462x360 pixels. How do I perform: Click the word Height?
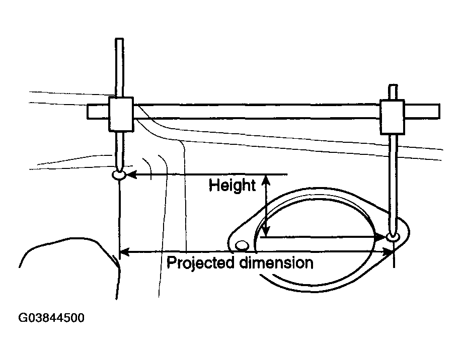232,186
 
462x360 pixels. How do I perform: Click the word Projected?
200,263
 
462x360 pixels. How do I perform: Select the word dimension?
276,262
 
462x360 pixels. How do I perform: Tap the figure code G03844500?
51,318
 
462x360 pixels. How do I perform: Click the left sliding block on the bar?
121,114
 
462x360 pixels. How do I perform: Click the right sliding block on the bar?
392,117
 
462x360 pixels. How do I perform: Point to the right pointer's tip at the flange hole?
393,236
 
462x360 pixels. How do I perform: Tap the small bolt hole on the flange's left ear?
242,245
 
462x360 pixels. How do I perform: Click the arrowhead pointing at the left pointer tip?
131,174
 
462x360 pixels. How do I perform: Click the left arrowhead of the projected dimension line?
124,252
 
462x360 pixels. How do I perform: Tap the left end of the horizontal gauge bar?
88,112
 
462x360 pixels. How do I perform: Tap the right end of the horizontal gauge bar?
439,112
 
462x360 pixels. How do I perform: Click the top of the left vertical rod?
119,39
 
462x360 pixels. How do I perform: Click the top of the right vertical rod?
393,85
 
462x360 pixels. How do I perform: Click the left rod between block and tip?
119,151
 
